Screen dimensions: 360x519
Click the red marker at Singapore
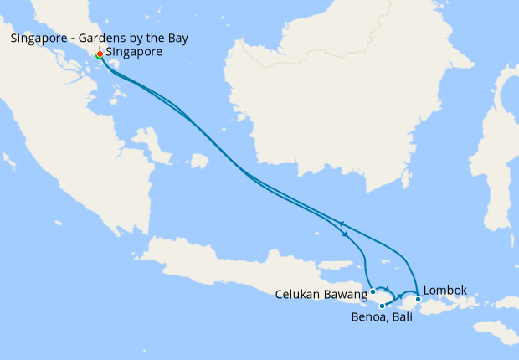(x=100, y=54)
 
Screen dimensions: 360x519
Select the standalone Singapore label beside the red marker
(x=134, y=52)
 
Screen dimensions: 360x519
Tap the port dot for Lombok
(x=418, y=299)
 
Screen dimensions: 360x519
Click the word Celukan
(x=301, y=294)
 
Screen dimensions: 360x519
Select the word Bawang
(x=348, y=294)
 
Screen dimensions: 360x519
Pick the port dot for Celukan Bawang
(x=373, y=292)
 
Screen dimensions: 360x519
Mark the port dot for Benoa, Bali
(x=382, y=306)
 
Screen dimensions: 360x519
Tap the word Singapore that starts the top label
(x=38, y=39)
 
